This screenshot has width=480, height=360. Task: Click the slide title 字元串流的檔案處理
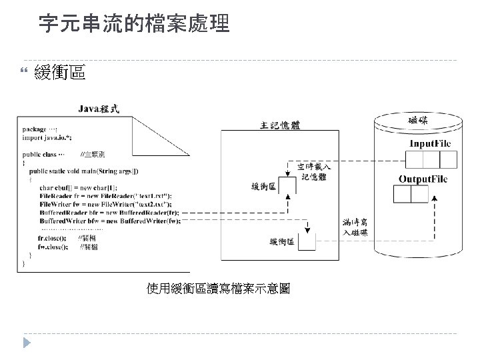(133, 25)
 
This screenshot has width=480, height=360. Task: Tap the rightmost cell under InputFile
(449, 159)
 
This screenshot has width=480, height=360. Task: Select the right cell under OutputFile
(419, 194)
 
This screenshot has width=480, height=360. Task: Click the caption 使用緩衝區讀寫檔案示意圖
(218, 288)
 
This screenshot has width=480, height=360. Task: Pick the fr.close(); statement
(53, 238)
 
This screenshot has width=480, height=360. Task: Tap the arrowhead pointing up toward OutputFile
(435, 199)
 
